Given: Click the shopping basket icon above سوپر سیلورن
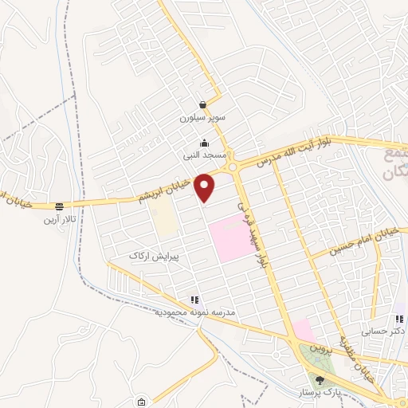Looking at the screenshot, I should pos(204,104).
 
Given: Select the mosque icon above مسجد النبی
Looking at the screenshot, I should pos(205,143).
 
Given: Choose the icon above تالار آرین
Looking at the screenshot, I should pos(57,206).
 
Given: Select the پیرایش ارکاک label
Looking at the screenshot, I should pos(156,257).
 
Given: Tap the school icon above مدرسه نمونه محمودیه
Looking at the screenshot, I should pos(194,300).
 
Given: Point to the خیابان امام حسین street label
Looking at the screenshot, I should pos(357,242).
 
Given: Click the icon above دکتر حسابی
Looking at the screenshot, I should pos(398,318).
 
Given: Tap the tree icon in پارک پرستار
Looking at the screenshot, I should pos(320,381).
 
